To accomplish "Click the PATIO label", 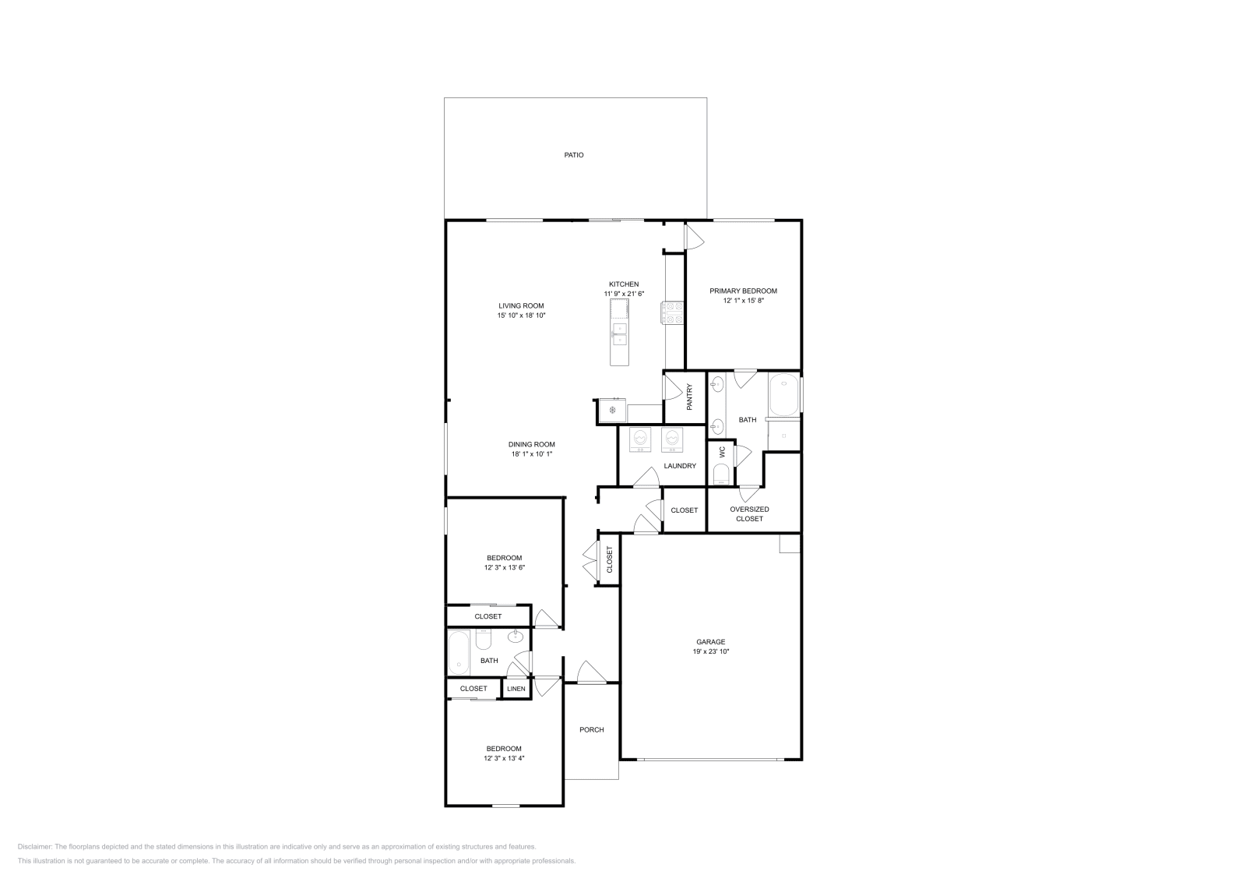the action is point(573,155).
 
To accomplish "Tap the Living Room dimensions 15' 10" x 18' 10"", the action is point(521,316).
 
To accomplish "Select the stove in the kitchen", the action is point(672,312).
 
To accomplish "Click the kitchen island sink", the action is point(619,334).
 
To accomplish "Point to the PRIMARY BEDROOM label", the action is point(743,291).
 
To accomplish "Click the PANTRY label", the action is point(690,397).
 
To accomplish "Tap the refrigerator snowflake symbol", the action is point(612,411).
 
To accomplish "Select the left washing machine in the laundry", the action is point(640,439).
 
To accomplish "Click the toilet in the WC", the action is point(721,474).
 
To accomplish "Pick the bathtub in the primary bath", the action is point(783,394).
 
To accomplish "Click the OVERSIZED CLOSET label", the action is point(749,514).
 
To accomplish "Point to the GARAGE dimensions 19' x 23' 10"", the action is point(711,651).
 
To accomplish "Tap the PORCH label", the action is point(591,730).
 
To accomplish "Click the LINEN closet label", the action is point(516,689).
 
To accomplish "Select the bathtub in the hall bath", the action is point(459,652).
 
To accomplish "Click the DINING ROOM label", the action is point(532,445).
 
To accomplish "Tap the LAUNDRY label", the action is point(680,466).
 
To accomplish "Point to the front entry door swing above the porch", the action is point(591,672).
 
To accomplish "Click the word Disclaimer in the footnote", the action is point(34,847).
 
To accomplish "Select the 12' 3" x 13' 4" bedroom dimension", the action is point(504,758).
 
